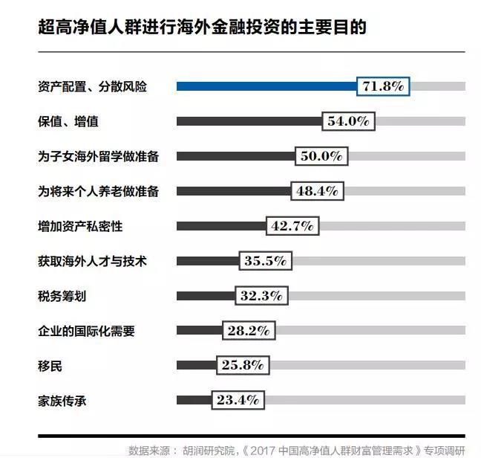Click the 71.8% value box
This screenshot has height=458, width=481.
click(x=383, y=86)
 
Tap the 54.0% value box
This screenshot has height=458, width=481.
click(x=349, y=121)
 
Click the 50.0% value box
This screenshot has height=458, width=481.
click(x=321, y=156)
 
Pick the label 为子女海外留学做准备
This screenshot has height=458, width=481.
click(x=98, y=156)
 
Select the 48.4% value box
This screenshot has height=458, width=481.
click(x=317, y=191)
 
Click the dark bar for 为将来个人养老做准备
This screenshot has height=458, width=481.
click(x=233, y=191)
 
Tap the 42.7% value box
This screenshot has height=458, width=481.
click(x=292, y=226)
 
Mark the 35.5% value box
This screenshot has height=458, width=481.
click(x=265, y=261)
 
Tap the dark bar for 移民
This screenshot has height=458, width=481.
click(x=196, y=366)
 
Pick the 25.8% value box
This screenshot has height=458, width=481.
click(x=242, y=366)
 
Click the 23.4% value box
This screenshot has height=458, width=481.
click(x=238, y=400)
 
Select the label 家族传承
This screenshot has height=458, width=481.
click(x=62, y=400)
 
